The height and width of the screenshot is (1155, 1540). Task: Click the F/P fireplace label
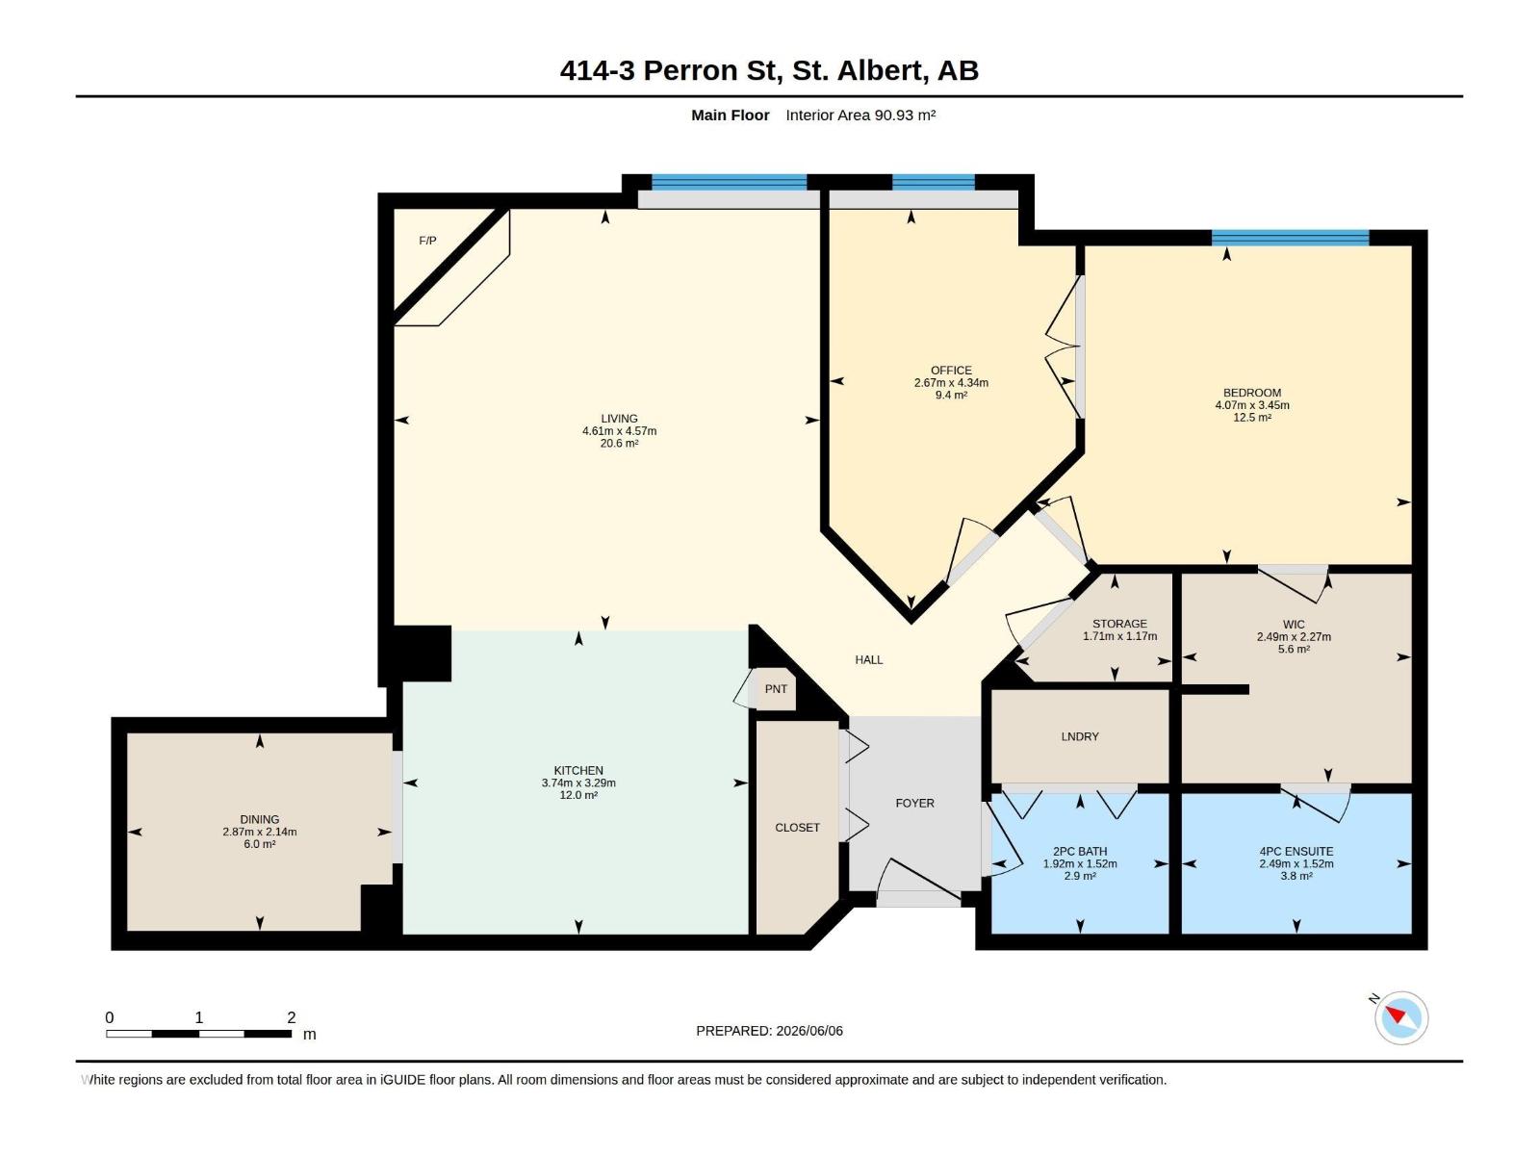click(x=427, y=241)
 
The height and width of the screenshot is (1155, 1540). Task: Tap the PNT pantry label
click(x=775, y=688)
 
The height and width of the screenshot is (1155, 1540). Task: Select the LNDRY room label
click(x=1079, y=736)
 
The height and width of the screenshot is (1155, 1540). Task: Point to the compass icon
click(x=1400, y=1017)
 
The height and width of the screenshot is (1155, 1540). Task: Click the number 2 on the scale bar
click(x=292, y=1017)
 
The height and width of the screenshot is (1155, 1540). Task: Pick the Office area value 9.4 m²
click(x=951, y=395)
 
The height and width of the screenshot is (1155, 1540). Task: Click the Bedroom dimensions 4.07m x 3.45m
click(x=1251, y=404)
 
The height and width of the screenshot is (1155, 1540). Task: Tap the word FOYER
click(x=914, y=803)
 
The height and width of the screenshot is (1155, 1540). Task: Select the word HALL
click(x=868, y=659)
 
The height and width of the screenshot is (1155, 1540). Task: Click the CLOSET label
click(x=797, y=828)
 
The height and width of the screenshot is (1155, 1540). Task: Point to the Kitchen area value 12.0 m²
click(x=578, y=795)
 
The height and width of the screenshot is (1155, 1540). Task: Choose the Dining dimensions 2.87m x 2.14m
click(x=260, y=832)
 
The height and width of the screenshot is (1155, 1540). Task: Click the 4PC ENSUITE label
click(x=1296, y=852)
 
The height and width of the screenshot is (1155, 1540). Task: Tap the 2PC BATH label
click(x=1079, y=852)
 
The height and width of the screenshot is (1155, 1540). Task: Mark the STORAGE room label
click(x=1119, y=624)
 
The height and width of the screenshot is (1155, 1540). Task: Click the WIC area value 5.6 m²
click(x=1293, y=650)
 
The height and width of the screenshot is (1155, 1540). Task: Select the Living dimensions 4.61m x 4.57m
click(x=619, y=430)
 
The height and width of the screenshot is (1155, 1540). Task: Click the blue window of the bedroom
click(x=1290, y=237)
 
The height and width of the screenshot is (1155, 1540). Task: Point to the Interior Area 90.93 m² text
click(x=860, y=115)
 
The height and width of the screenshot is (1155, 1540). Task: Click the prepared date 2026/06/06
click(x=808, y=1031)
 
